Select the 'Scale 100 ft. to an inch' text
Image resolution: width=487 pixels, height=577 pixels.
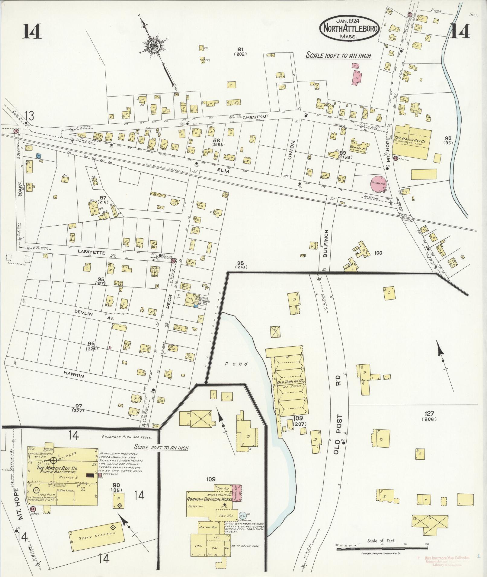(338, 55)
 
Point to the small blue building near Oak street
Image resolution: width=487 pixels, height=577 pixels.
(38, 156)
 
